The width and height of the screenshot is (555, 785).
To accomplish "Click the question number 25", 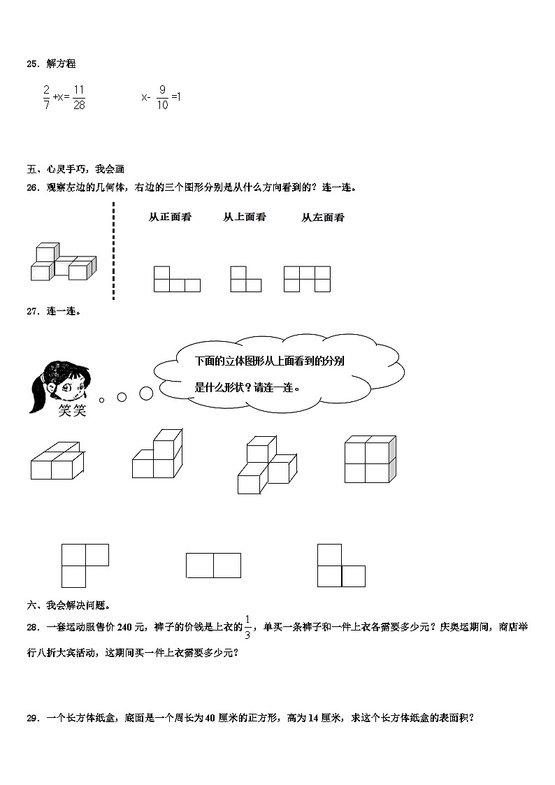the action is pyautogui.click(x=32, y=64).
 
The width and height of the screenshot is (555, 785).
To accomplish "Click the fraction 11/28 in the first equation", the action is pyautogui.click(x=78, y=96).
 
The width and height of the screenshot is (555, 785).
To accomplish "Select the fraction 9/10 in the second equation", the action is pyautogui.click(x=162, y=97).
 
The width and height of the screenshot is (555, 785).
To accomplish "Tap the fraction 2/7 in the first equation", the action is pyautogui.click(x=47, y=96).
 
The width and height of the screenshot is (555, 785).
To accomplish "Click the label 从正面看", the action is pyautogui.click(x=170, y=217).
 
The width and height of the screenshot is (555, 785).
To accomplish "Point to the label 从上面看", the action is pyautogui.click(x=245, y=217).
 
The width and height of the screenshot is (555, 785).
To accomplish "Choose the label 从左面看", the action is pyautogui.click(x=323, y=217).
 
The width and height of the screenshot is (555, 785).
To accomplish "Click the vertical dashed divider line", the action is pyautogui.click(x=113, y=250).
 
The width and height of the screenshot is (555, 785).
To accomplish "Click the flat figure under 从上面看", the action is pyautogui.click(x=245, y=279).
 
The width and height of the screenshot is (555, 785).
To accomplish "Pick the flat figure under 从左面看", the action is pyautogui.click(x=307, y=278).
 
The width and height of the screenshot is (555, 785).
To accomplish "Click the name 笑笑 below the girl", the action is pyautogui.click(x=72, y=410).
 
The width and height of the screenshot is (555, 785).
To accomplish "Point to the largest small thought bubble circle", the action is pyautogui.click(x=146, y=394).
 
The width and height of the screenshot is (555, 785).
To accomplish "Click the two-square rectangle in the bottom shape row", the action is pyautogui.click(x=213, y=565).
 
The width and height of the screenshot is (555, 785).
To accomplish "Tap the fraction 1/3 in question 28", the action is pyautogui.click(x=247, y=627).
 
